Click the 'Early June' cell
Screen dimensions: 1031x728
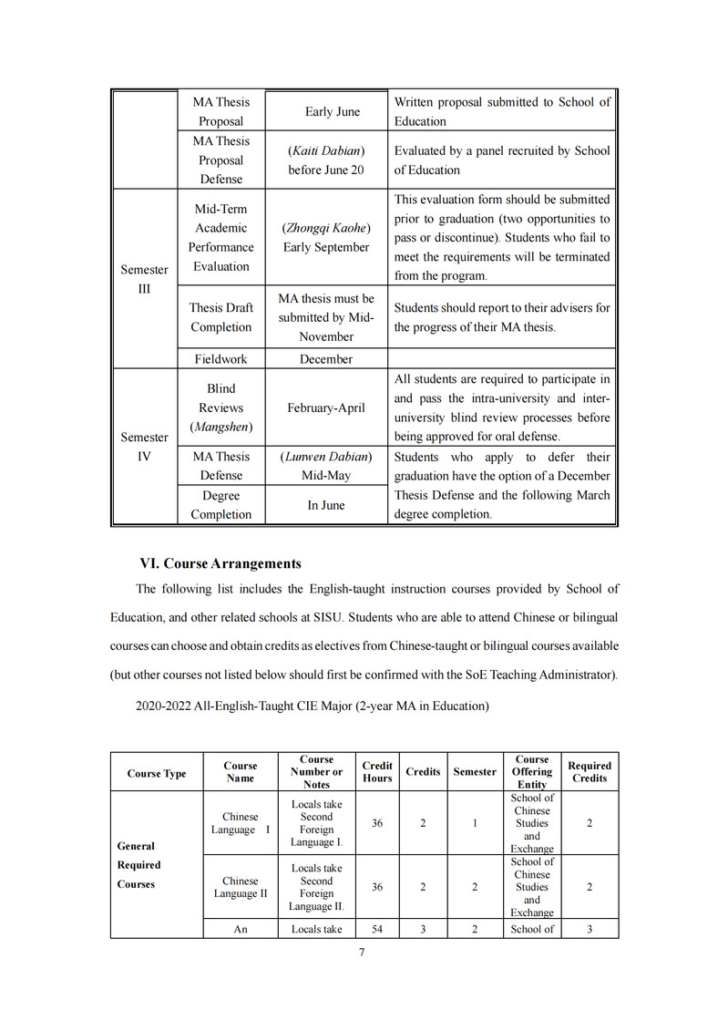(x=333, y=112)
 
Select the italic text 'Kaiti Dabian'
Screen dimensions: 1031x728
(x=326, y=150)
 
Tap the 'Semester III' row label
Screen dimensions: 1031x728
(x=144, y=279)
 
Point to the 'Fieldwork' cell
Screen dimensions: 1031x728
(x=221, y=359)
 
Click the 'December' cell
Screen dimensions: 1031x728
(x=326, y=359)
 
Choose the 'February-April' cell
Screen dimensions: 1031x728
(x=326, y=407)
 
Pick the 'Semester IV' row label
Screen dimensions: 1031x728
(x=144, y=447)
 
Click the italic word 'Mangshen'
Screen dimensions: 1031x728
(x=221, y=427)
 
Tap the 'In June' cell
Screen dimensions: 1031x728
(x=326, y=505)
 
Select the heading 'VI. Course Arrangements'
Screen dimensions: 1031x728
(x=220, y=563)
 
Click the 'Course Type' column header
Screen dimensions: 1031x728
(x=157, y=774)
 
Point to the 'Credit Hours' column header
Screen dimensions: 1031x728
(x=377, y=772)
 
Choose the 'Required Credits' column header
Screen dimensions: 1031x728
(x=590, y=772)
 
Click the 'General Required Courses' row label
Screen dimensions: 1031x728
(x=138, y=865)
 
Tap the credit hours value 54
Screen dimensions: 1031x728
(x=377, y=929)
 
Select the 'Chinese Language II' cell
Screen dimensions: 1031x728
(x=241, y=887)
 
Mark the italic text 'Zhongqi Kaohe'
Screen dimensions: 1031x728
(x=326, y=228)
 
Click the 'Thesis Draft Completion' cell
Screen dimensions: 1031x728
(x=221, y=317)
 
